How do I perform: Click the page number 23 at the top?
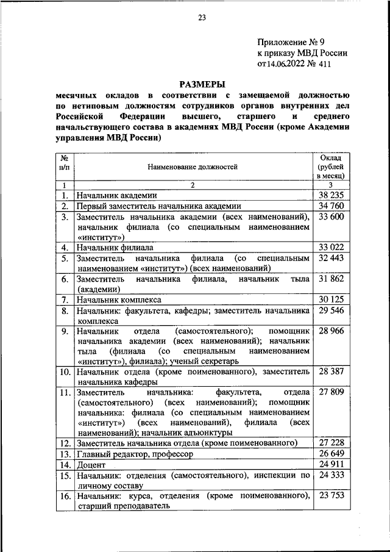click(202, 18)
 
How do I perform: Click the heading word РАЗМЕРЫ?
click(202, 84)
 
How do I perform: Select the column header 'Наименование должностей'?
click(192, 166)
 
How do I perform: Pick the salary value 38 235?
click(330, 195)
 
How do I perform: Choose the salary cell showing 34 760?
click(330, 206)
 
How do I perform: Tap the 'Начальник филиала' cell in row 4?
click(114, 248)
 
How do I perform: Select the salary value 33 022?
click(330, 247)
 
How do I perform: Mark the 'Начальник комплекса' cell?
click(118, 299)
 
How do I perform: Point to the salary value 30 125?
click(330, 299)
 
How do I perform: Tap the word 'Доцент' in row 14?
click(90, 465)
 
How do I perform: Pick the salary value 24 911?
click(330, 465)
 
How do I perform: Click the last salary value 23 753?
click(330, 495)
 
